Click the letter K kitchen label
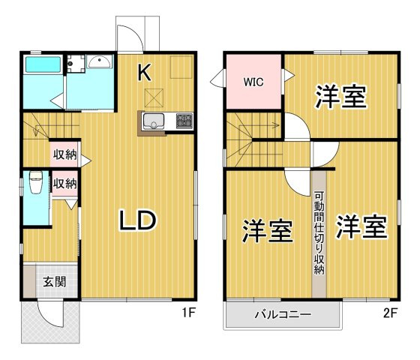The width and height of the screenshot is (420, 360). [x=145, y=73]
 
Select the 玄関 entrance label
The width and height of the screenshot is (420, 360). [x=53, y=282]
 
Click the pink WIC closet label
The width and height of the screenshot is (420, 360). [x=253, y=80]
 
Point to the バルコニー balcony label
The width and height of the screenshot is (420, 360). [x=281, y=314]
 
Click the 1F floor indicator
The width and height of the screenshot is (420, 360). [x=188, y=313]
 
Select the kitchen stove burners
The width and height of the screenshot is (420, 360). [x=184, y=120]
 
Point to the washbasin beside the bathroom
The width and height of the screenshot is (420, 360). [x=99, y=63]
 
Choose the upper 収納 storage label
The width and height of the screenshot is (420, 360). [x=64, y=155]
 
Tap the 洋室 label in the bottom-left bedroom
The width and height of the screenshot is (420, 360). [x=266, y=231]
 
